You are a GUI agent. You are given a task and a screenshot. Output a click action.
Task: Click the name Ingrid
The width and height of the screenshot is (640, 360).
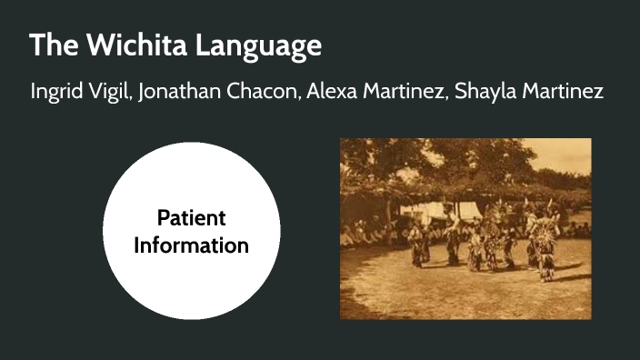coord(58,94)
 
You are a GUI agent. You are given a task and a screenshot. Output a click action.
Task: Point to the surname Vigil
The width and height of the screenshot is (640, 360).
coord(113,94)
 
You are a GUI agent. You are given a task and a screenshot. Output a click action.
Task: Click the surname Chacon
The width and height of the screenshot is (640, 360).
coord(263,93)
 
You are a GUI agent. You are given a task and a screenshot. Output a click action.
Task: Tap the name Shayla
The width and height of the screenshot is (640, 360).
coord(482,94)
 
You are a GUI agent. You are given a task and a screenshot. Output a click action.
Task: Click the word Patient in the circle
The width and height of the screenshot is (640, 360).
coord(191,218)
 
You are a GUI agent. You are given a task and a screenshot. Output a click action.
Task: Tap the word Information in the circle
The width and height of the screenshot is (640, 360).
coord(191,245)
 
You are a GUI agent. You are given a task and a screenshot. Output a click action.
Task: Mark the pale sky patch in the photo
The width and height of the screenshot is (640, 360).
coord(565,155)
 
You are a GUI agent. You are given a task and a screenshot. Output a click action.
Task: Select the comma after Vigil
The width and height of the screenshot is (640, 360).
coord(132,100)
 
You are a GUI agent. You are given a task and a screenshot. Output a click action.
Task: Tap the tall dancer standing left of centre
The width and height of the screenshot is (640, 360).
coord(452,236)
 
